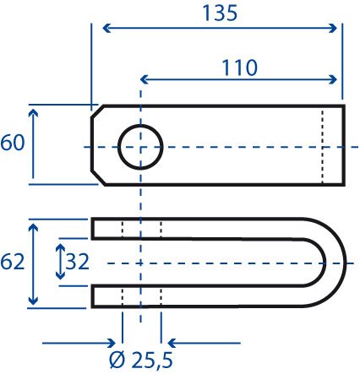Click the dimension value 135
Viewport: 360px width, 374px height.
click(220, 14)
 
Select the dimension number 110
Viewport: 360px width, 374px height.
click(240, 68)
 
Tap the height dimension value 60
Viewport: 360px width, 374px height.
click(13, 143)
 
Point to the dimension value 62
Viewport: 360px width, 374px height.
click(13, 263)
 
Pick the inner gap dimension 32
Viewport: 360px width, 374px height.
click(77, 262)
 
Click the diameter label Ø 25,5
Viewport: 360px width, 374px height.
click(141, 360)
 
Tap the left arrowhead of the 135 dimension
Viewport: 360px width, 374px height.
click(106, 28)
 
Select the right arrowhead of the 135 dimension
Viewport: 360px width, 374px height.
click(333, 28)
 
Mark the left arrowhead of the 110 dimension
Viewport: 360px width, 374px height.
click(145, 79)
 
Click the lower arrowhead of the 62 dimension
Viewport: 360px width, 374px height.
click(33, 301)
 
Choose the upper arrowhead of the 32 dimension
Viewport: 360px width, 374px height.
click(60, 247)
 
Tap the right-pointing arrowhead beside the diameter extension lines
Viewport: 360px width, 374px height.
click(112, 343)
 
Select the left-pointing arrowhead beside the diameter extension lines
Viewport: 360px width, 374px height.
click(172, 343)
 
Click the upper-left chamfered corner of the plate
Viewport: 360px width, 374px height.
click(97, 111)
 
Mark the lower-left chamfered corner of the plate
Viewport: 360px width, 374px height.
click(98, 178)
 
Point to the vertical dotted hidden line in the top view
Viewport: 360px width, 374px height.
click(323, 147)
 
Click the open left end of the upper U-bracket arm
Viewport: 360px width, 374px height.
click(92, 229)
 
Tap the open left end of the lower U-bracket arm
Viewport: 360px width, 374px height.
click(92, 296)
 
